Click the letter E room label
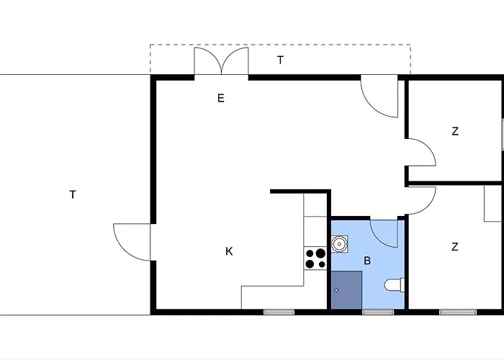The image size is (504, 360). point(221,98)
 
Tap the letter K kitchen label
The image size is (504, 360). point(229,251)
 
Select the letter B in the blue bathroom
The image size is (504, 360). point(367,261)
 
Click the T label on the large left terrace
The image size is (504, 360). point(73,195)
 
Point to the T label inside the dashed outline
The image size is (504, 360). point(280,60)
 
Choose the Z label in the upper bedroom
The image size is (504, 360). point(455,132)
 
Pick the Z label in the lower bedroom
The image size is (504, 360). point(455,247)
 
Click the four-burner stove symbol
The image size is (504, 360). point(315,258)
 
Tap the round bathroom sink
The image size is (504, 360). point(339,244)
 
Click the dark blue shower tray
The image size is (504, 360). point(346,290)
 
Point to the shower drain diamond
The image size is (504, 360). point(336,290)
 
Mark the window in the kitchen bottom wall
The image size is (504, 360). point(279,312)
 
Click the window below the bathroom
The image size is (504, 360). point(378,312)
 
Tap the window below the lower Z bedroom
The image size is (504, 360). point(458,312)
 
